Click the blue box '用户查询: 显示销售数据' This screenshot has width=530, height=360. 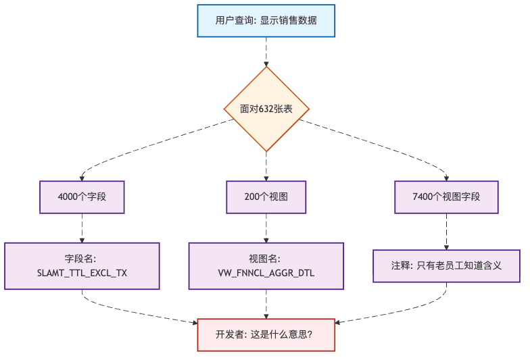(x=266, y=20)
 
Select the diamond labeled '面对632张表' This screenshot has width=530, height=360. (x=266, y=109)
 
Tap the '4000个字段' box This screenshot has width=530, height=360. (x=82, y=197)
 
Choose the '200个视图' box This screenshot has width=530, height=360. (x=266, y=197)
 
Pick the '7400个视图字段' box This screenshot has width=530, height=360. (x=446, y=197)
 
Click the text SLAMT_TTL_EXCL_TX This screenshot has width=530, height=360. (x=82, y=274)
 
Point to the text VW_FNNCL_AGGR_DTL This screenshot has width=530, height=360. (x=266, y=274)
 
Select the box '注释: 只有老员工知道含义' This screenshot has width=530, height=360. (x=446, y=265)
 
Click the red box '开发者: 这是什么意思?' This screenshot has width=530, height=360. (x=266, y=334)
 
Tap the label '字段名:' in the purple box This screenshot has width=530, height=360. (x=82, y=259)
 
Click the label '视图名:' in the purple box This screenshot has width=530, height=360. (x=266, y=259)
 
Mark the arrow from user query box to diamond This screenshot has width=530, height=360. (x=266, y=51)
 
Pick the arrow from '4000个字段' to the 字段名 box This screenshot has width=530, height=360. (x=82, y=228)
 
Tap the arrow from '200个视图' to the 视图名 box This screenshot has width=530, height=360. (x=266, y=228)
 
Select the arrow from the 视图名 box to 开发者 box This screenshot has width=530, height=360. (x=266, y=304)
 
